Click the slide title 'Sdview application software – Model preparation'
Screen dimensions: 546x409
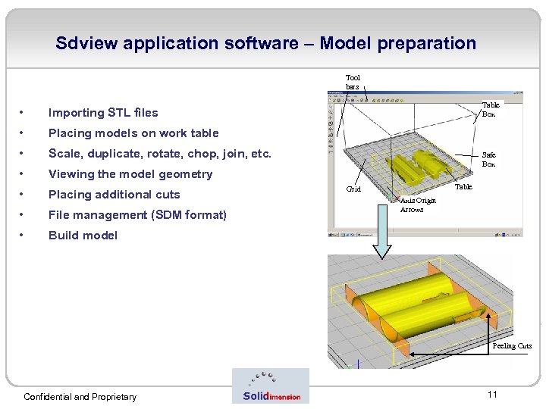(x=265, y=43)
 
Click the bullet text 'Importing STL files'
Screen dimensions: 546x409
(x=103, y=113)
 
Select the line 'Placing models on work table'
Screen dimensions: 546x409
(x=133, y=133)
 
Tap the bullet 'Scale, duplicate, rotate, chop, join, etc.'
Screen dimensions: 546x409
(x=159, y=154)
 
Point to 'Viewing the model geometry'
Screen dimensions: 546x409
(x=130, y=174)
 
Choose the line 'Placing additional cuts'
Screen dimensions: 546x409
(x=115, y=195)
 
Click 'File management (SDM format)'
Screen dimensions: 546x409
(x=137, y=215)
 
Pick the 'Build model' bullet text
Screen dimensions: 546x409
(x=83, y=236)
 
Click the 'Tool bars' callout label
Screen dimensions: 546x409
(x=353, y=82)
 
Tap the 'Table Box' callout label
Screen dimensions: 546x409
(x=491, y=110)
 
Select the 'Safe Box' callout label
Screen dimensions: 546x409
(x=489, y=159)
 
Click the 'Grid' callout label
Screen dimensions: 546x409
(x=353, y=189)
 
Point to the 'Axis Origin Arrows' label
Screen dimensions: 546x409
(x=418, y=204)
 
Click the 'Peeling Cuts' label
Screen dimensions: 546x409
(x=512, y=346)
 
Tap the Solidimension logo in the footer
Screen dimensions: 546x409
(x=271, y=386)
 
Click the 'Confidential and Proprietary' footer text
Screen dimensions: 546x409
(x=80, y=397)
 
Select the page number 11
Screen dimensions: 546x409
(x=492, y=395)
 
